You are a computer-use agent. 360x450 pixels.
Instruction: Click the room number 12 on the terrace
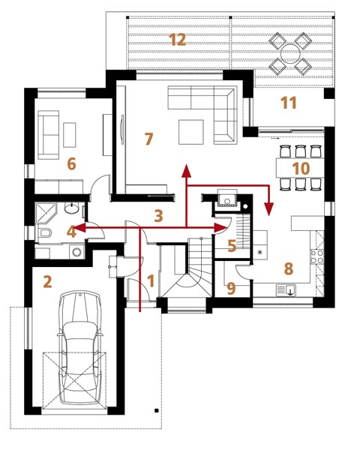point(178,40)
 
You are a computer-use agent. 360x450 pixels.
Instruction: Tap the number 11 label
point(289,103)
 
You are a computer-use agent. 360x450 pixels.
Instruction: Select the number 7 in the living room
point(148,139)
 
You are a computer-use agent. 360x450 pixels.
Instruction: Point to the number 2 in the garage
point(47,281)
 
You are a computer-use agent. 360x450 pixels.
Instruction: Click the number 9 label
point(231,288)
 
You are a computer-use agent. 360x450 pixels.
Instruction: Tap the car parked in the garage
point(79,348)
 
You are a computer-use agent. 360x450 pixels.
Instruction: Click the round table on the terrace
point(290,54)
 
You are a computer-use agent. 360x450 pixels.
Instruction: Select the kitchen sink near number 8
point(286,290)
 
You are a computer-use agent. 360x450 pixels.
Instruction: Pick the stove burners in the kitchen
point(317,256)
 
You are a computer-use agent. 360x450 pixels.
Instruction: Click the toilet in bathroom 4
point(44,232)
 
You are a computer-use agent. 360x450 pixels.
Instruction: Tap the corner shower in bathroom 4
point(46,213)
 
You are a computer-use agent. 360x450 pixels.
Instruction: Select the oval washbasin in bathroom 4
point(71,208)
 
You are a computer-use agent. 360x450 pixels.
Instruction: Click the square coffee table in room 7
point(191,132)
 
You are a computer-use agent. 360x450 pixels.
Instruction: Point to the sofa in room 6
point(49,135)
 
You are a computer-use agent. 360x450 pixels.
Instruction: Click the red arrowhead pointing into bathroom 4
point(81,228)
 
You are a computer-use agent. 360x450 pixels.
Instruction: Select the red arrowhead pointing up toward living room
point(187,171)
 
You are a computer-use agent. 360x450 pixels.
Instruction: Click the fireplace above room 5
point(227,198)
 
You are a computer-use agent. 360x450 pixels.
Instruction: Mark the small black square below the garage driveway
point(157,410)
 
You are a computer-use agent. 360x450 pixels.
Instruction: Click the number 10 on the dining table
point(301,168)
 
